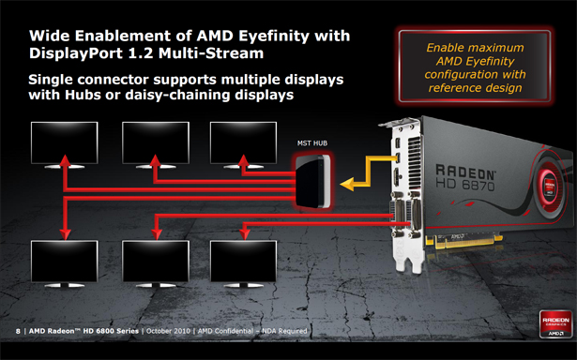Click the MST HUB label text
pos(312,143)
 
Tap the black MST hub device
pos(312,181)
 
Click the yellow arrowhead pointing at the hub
pos(347,184)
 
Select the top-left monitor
pos(65,145)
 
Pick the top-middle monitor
pos(156,145)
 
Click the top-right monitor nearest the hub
pos(243,145)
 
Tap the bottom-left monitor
pos(65,263)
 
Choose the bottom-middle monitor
pos(156,263)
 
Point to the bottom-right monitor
pos(243,263)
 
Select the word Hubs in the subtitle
pos(83,95)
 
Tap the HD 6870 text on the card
pos(465,185)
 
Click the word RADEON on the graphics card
pos(465,172)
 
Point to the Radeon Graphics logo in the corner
pos(555,324)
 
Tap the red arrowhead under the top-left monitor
pos(65,159)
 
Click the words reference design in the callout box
pos(475,88)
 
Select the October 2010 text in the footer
pos(168,331)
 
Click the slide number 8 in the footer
pos(18,331)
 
